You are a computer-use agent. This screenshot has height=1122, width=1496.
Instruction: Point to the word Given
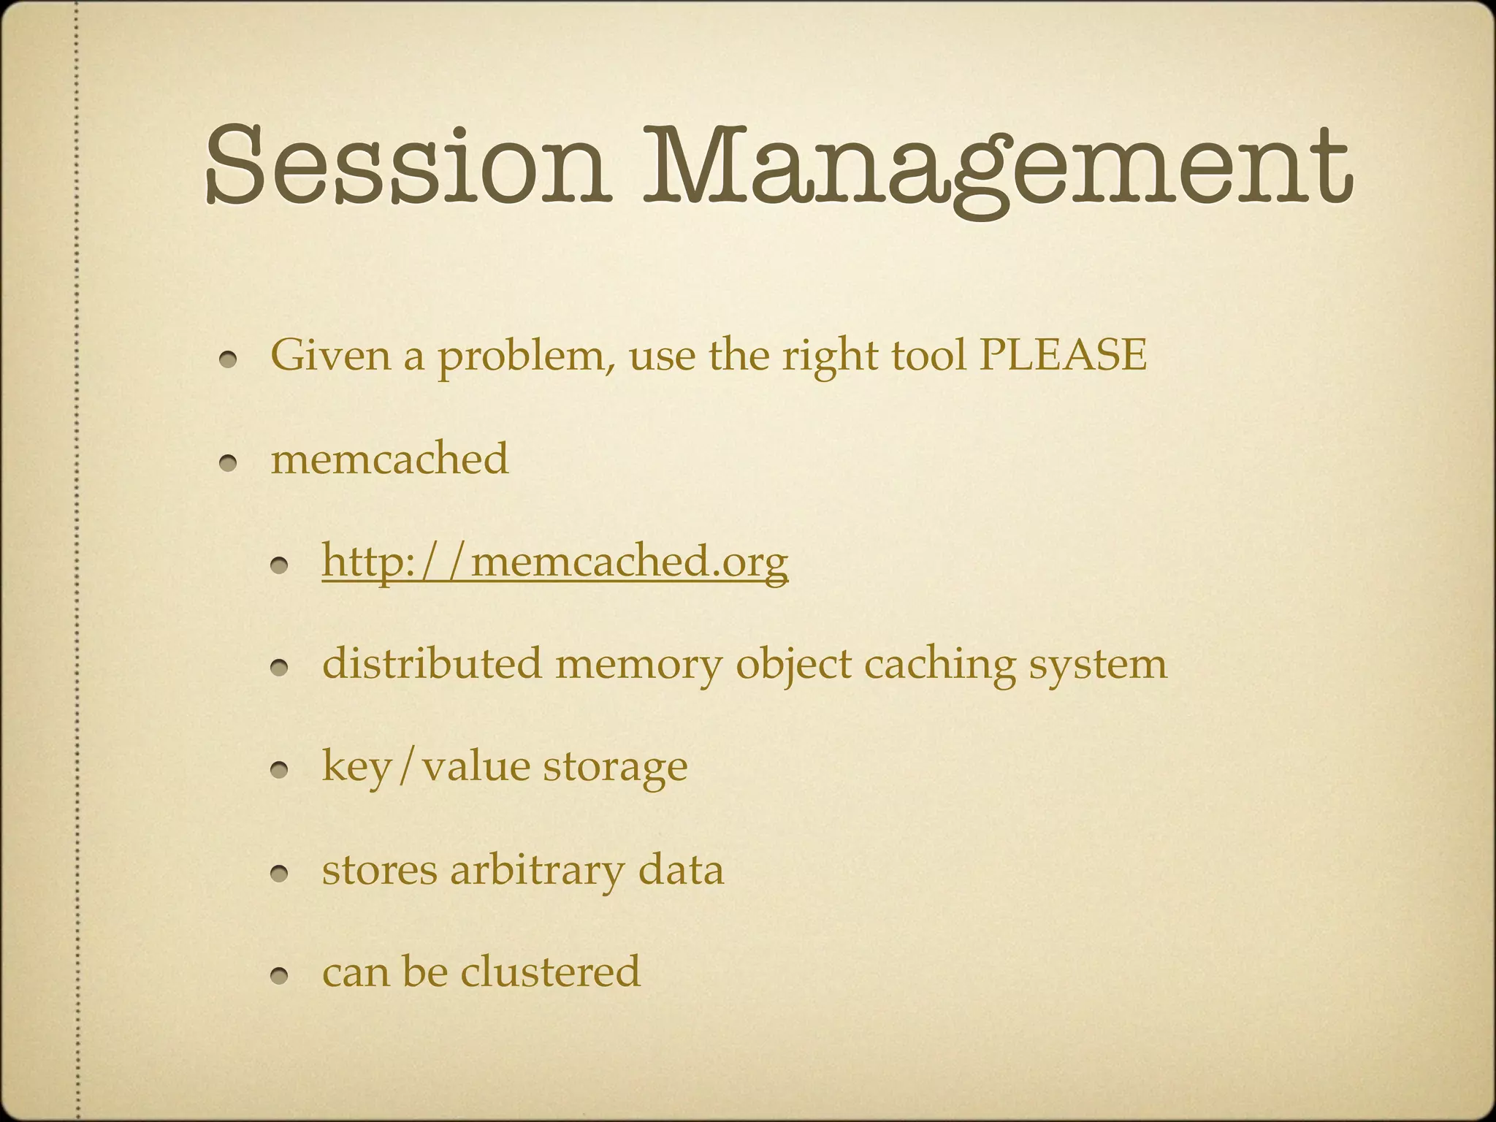pos(331,356)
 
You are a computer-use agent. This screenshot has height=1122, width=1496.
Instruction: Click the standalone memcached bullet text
pos(389,459)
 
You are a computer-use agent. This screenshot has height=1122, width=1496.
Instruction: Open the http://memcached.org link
pos(555,562)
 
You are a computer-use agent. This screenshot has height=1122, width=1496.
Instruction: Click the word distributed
pos(432,664)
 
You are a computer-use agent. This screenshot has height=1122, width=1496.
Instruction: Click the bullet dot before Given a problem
pos(229,360)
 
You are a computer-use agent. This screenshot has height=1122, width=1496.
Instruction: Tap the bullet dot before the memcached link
pos(281,565)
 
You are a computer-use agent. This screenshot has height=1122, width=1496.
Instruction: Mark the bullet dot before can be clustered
pos(281,976)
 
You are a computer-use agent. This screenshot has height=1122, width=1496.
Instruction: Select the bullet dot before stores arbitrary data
pos(281,874)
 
